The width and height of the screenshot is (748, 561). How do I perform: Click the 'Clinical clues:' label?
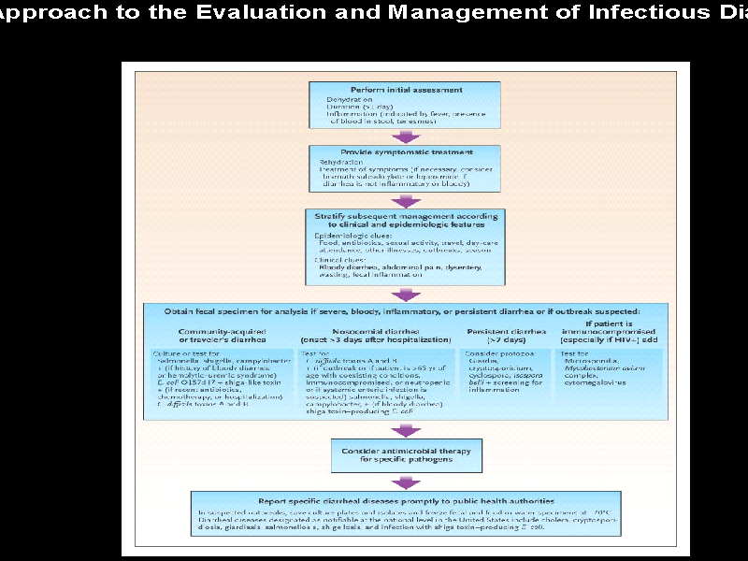[338, 259]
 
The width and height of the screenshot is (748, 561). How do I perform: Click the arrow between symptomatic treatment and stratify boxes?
[405, 198]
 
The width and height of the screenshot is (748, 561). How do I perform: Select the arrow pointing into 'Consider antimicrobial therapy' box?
[405, 431]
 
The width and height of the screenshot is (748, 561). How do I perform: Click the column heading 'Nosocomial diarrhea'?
[369, 330]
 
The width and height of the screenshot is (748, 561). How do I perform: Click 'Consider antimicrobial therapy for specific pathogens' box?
[405, 455]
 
